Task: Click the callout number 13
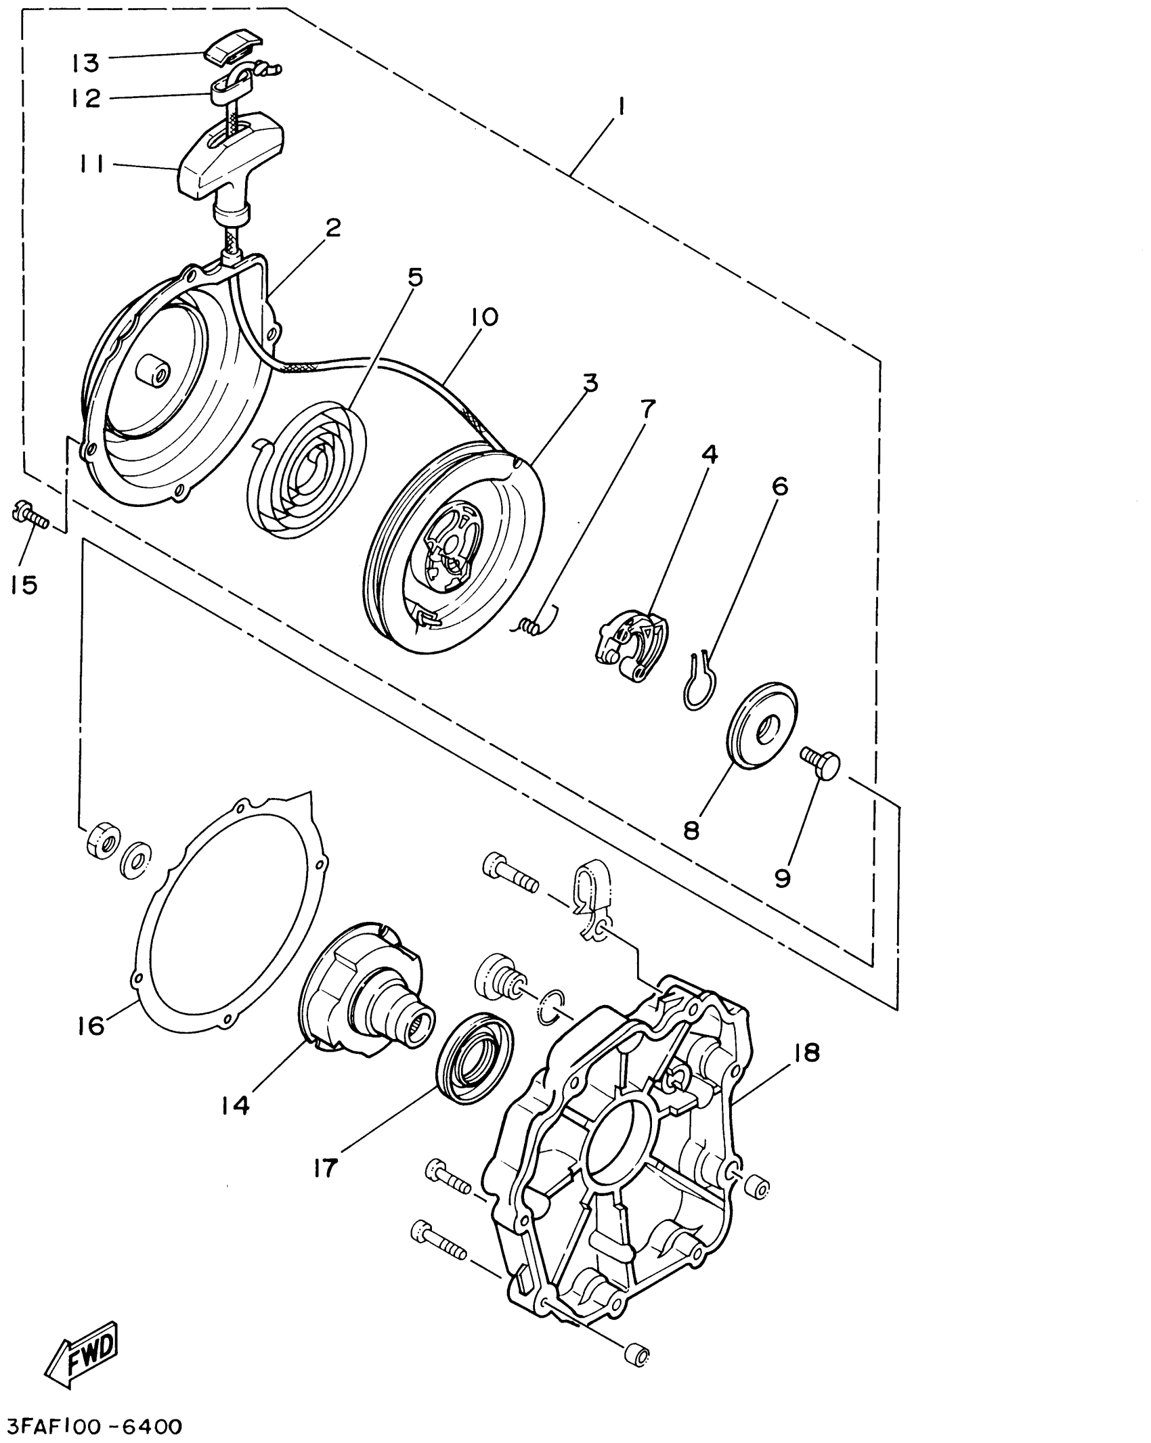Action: click(x=86, y=64)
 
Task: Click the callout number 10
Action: click(x=485, y=317)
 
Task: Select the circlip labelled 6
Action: click(x=697, y=682)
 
